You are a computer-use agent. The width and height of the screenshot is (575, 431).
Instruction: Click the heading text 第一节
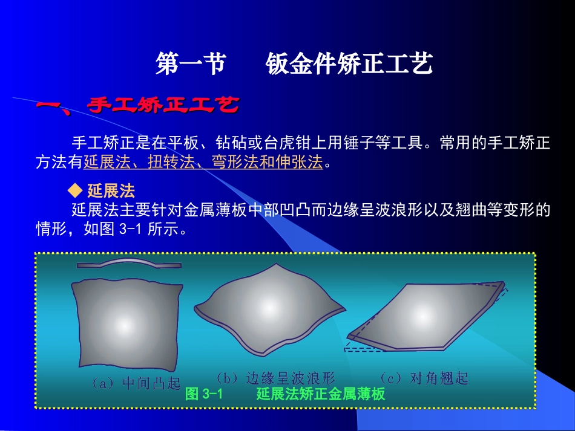coord(190,64)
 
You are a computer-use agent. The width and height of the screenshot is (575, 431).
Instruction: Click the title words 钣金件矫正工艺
coord(349,64)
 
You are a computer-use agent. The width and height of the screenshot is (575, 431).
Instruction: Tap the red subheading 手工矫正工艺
coord(163,106)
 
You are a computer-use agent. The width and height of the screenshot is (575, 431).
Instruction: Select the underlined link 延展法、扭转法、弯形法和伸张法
coord(203,162)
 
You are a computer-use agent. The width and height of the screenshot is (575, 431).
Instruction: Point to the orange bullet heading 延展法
coord(111,192)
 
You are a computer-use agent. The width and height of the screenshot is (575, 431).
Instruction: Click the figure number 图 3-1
coord(205,395)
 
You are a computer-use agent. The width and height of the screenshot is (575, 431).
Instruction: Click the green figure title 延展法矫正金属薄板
coord(320,395)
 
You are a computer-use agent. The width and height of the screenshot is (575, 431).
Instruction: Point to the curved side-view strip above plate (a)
coord(128,264)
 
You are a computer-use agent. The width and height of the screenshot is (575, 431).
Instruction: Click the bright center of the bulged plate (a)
coord(125,324)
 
